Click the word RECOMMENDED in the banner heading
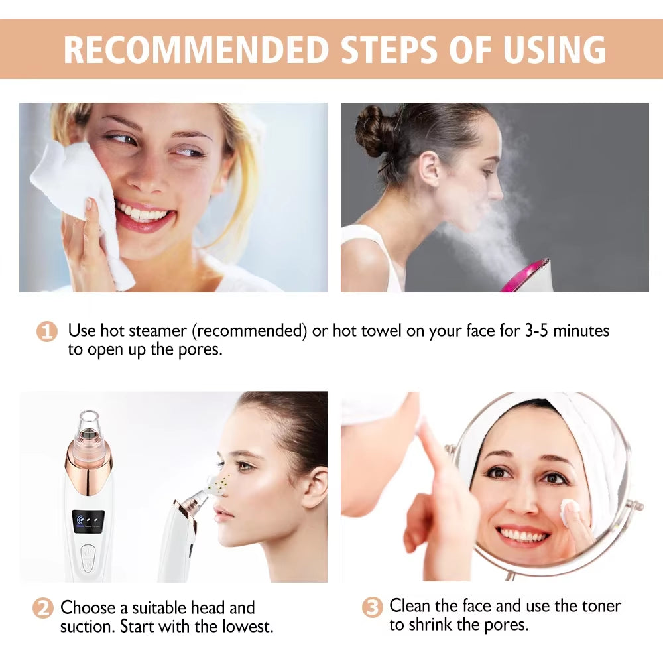(x=196, y=49)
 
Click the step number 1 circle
(x=46, y=331)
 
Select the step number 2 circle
(x=43, y=608)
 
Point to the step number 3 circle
(x=373, y=607)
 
